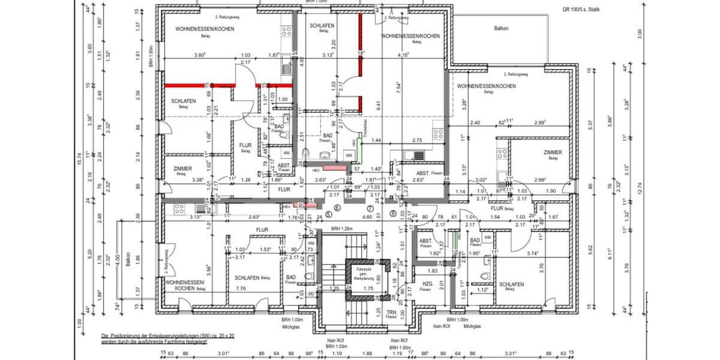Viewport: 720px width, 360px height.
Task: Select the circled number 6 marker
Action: coord(337,208)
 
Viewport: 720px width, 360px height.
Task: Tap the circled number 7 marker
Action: coord(370,208)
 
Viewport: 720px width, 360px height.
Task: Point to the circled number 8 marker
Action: coord(394,212)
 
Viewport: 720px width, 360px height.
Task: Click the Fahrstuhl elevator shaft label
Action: coord(364,276)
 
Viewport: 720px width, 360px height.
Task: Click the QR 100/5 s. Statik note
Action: coord(581,9)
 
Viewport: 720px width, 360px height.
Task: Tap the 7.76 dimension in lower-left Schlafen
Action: coord(241,289)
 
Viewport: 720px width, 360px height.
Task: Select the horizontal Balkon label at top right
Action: coord(501,28)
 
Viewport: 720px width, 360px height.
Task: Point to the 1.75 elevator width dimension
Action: coord(369,289)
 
